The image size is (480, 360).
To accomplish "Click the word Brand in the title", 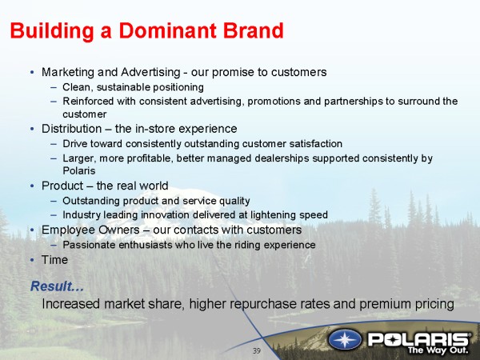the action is point(253,30).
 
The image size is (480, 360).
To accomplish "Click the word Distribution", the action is point(72,129).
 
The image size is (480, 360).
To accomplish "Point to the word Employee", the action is point(65,230).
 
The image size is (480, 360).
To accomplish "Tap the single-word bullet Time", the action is point(54,260).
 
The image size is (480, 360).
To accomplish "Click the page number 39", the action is point(257,351).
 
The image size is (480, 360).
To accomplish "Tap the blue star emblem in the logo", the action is point(345,340).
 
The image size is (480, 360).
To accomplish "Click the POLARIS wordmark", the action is point(418,339).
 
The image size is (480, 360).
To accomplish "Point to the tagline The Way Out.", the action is point(438,350).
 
